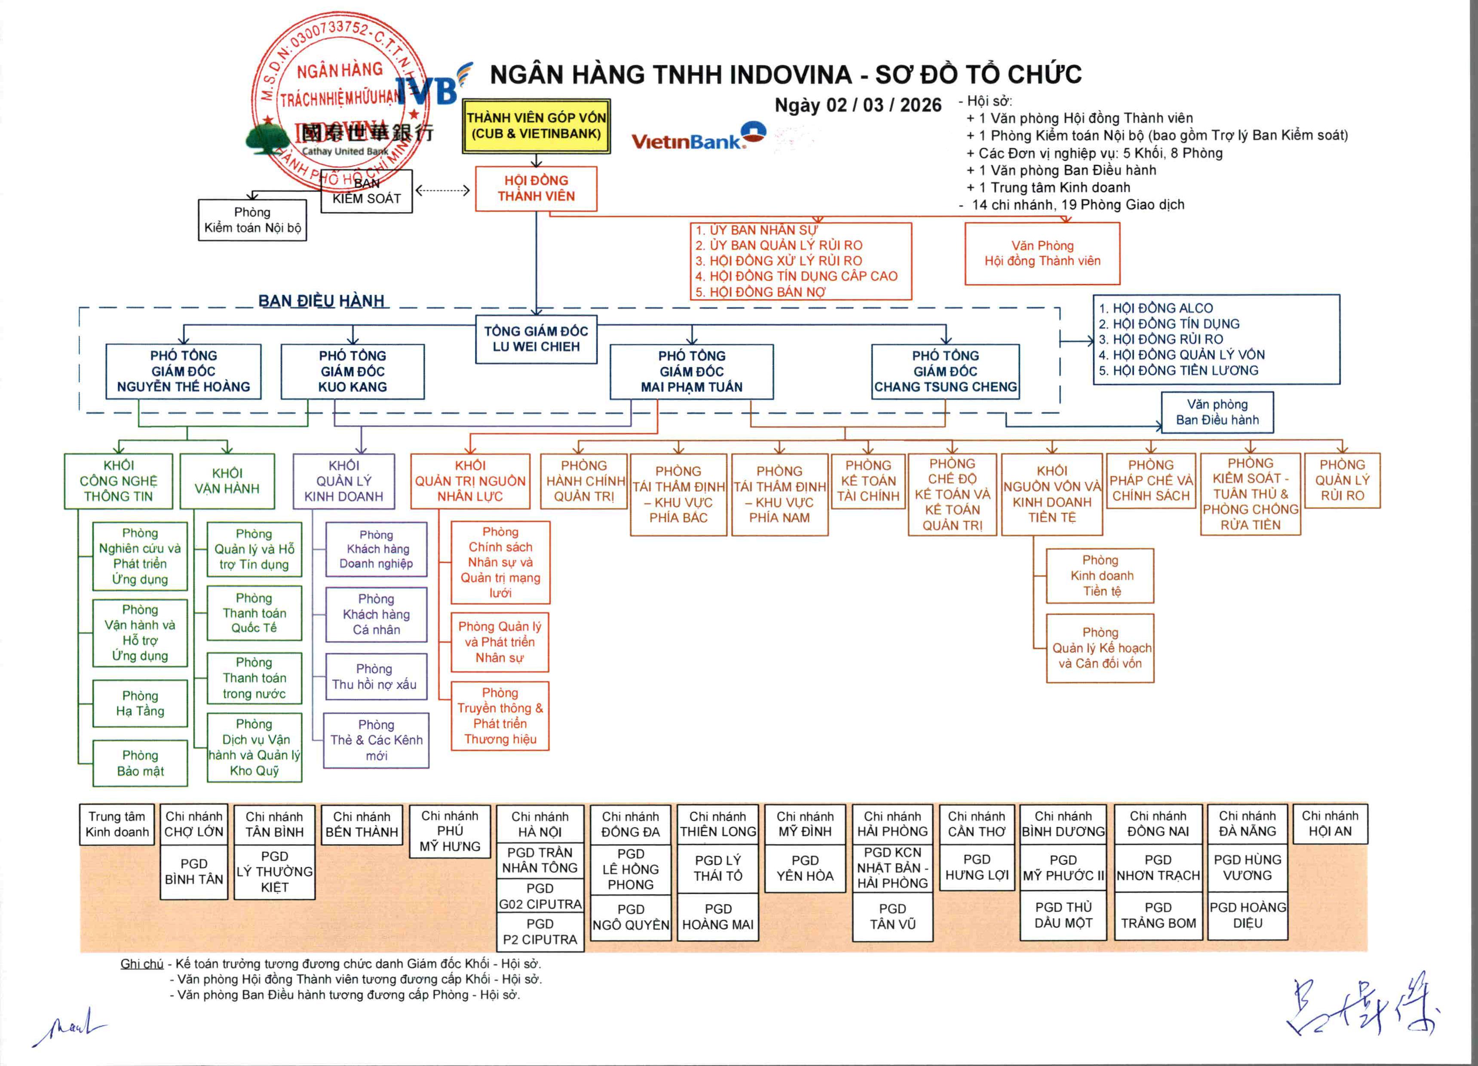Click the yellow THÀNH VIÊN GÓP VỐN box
(x=536, y=126)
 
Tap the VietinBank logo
(x=697, y=137)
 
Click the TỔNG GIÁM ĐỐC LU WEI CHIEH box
(x=536, y=339)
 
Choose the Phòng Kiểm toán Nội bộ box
(x=252, y=220)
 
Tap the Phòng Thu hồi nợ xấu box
(x=376, y=677)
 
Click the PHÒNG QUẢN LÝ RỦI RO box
(x=1342, y=481)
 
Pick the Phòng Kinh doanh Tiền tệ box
(x=1100, y=576)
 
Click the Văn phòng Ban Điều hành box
(x=1217, y=413)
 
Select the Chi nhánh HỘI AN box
(x=1329, y=823)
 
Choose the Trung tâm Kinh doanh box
(x=117, y=824)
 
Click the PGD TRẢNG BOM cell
(x=1158, y=915)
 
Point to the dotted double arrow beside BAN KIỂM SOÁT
(x=443, y=191)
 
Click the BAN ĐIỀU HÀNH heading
(x=321, y=301)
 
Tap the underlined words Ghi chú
(x=141, y=964)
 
